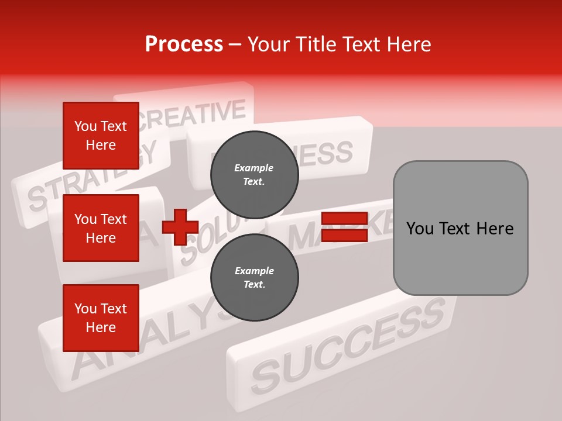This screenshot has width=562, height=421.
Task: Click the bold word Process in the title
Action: coord(184,44)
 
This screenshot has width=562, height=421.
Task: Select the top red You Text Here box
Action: coord(101,136)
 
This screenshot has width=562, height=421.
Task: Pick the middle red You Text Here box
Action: coord(101,228)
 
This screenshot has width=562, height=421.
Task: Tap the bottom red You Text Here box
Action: coord(101,318)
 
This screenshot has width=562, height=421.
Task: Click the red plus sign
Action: coord(180,227)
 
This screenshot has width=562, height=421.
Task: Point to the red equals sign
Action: coord(344,227)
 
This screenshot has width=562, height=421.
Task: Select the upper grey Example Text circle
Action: coord(255,175)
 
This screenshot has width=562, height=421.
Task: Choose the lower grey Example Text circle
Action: coord(255,278)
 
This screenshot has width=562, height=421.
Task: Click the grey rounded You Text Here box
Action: coord(460,228)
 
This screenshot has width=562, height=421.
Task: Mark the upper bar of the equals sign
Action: coord(344,219)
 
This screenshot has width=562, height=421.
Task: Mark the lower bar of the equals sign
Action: coord(344,236)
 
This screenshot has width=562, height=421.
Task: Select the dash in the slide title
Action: coord(235,45)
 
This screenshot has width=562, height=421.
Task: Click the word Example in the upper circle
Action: coord(254,168)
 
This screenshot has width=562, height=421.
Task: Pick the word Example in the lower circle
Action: coord(254,271)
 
